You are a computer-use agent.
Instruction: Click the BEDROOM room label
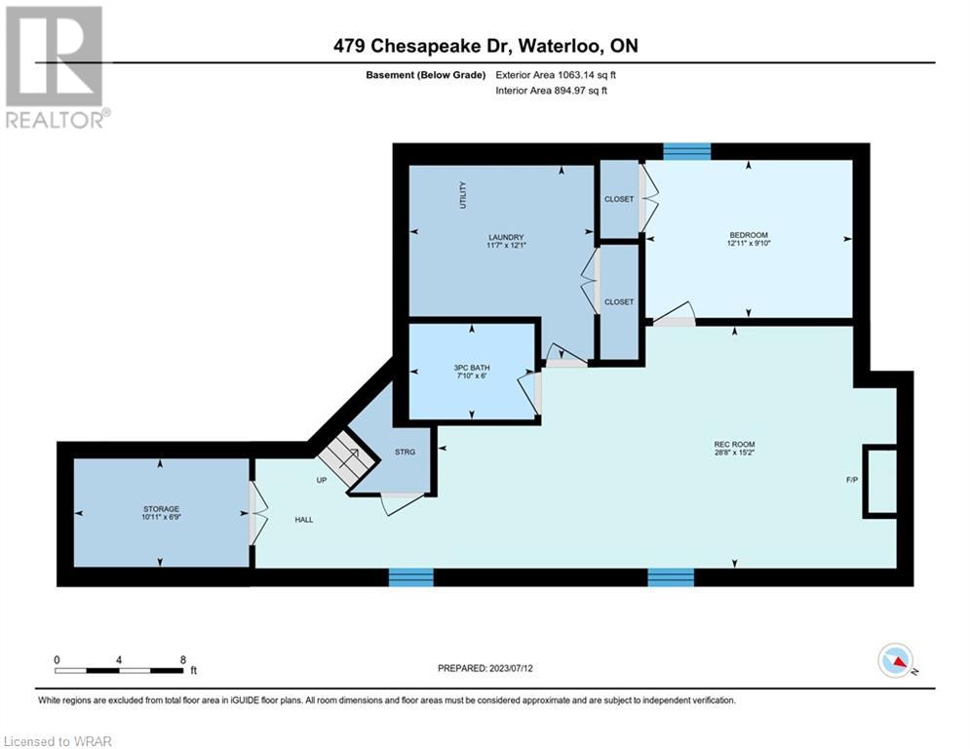[x=749, y=235]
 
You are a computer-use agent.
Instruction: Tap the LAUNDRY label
[x=506, y=237]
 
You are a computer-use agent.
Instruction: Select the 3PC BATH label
[x=472, y=368]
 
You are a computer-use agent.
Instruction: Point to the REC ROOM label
[x=734, y=445]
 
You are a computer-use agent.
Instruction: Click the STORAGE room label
[x=161, y=509]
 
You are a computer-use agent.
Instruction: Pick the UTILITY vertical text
[x=463, y=195]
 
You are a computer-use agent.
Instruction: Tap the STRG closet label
[x=406, y=452]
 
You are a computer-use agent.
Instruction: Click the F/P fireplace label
[x=852, y=480]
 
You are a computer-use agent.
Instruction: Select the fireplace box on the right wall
[x=880, y=481]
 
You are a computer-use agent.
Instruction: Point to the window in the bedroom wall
[x=686, y=151]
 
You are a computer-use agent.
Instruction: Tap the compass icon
[x=896, y=660]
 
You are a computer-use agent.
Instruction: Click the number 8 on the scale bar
[x=183, y=660]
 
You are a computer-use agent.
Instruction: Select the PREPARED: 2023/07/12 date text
[x=485, y=668]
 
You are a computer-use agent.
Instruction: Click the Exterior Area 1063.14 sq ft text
[x=556, y=75]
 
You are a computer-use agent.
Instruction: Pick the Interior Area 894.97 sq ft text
[x=551, y=91]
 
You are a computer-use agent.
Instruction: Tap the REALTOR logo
[x=57, y=67]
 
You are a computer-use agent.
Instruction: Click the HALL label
[x=304, y=520]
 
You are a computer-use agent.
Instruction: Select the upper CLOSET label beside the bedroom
[x=619, y=199]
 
